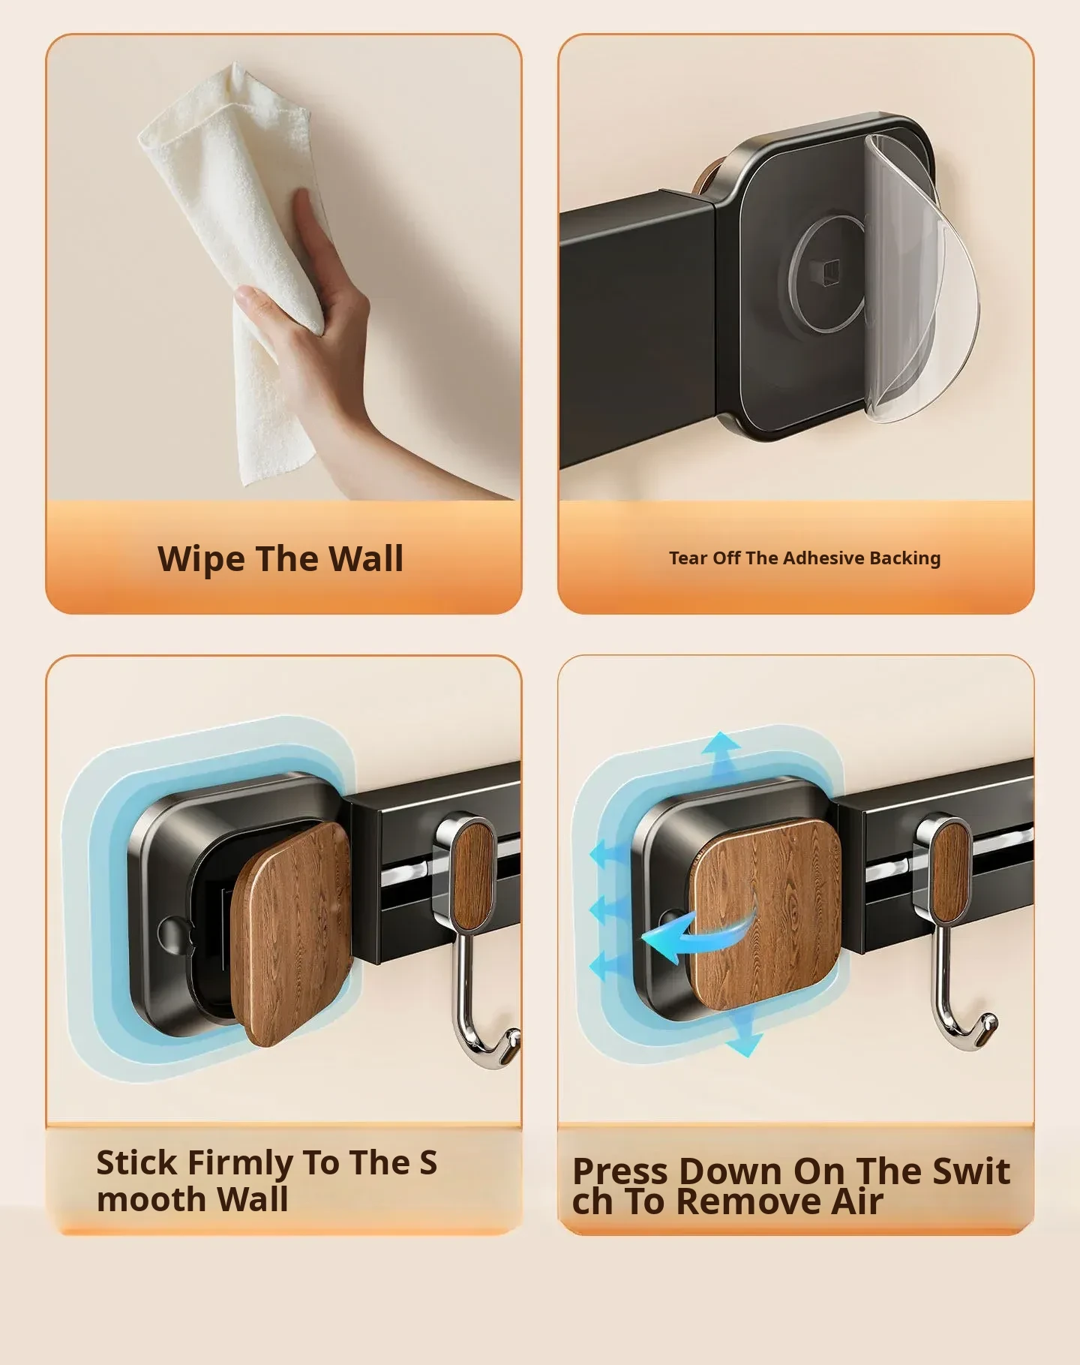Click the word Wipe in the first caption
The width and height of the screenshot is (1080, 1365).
[200, 559]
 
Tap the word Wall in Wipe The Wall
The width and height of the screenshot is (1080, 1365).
[366, 558]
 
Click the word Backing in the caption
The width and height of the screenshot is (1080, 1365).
[905, 559]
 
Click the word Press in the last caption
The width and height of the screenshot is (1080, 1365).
[619, 1172]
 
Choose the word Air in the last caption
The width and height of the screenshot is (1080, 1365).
[856, 1201]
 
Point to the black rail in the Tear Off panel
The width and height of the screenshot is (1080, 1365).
[637, 330]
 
